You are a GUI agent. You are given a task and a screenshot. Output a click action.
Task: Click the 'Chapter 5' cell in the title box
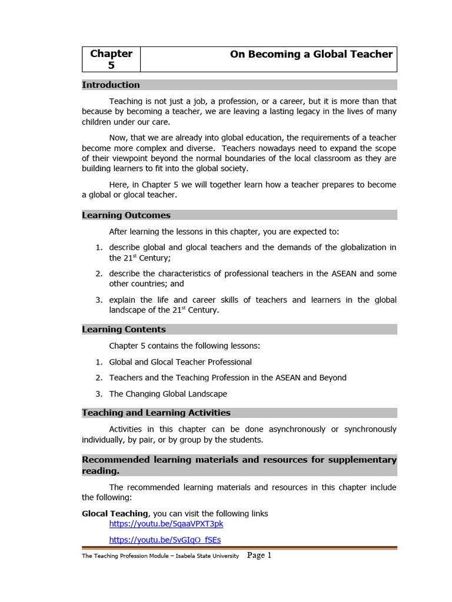(111, 59)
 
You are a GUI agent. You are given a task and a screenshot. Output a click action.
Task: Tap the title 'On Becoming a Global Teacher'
(311, 54)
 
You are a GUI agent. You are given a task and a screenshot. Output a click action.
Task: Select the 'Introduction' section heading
(111, 85)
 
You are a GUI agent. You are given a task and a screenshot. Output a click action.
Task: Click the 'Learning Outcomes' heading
(126, 215)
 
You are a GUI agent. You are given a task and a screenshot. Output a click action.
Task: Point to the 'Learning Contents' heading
(124, 329)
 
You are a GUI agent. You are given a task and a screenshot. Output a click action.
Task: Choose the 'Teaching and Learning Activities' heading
(156, 413)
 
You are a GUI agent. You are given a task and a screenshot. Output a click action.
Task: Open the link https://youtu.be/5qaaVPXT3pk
(166, 524)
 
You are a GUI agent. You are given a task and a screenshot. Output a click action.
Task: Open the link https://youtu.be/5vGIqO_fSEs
(165, 540)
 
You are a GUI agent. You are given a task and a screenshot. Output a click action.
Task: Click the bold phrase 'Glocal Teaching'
(115, 514)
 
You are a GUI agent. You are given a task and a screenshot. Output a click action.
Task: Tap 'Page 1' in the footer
(259, 555)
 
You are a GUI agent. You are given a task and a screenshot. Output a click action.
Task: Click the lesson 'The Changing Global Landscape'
(168, 394)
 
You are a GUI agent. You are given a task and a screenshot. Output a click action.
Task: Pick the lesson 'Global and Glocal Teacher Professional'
(180, 362)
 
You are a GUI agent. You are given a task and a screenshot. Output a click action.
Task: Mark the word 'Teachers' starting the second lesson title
(127, 377)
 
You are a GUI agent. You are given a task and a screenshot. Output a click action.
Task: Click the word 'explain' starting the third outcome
(124, 300)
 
